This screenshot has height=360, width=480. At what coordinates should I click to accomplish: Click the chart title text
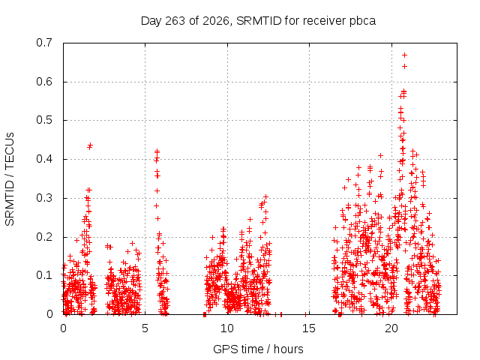click(258, 21)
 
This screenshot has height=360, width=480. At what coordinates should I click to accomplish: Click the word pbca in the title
click(362, 22)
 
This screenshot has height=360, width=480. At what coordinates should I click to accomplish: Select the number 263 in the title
click(175, 21)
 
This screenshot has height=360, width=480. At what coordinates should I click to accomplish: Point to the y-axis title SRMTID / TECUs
click(10, 179)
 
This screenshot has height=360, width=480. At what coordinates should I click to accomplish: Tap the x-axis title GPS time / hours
click(258, 349)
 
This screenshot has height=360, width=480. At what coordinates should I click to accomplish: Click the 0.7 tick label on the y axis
click(44, 43)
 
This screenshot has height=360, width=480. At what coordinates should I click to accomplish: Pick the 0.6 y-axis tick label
click(44, 82)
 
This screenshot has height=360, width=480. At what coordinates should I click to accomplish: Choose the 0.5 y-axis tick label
click(44, 120)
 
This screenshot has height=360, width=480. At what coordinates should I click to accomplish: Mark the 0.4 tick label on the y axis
click(44, 159)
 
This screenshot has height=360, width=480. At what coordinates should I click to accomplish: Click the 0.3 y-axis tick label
click(44, 198)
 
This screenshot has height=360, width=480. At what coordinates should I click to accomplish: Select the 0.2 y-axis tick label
click(44, 237)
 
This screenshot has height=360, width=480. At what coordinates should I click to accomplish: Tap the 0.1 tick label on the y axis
click(44, 275)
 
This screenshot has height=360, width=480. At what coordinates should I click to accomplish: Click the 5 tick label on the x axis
click(145, 328)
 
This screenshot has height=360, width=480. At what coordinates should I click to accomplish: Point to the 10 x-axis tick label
click(226, 328)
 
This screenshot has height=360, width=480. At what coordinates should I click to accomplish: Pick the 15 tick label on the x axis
click(309, 328)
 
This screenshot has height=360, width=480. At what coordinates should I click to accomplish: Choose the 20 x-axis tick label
click(391, 328)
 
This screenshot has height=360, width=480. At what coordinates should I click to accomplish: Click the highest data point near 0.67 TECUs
click(404, 55)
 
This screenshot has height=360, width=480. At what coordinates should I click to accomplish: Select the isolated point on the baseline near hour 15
click(306, 313)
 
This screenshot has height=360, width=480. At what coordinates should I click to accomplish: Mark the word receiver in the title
click(324, 21)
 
